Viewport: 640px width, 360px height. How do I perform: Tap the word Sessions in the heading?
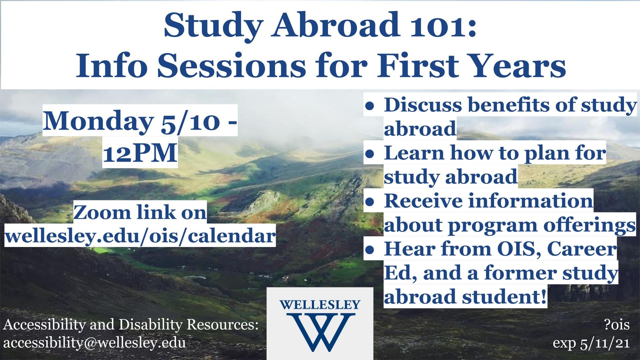tap(231, 66)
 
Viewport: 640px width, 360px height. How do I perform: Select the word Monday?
tap(97, 122)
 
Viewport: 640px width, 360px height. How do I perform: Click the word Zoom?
tap(102, 213)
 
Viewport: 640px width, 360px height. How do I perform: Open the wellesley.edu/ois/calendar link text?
tap(140, 236)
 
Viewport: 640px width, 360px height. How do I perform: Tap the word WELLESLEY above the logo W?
tap(320, 305)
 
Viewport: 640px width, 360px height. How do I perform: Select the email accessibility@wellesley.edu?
tap(95, 343)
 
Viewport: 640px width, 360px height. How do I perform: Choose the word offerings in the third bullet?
tap(590, 226)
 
